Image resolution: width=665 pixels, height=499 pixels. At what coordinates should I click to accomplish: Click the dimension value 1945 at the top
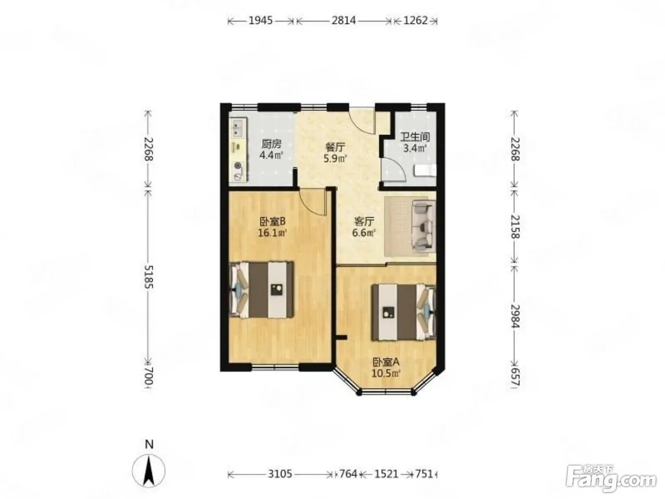tap(261, 20)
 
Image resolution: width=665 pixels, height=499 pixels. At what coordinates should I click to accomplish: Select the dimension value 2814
tap(344, 20)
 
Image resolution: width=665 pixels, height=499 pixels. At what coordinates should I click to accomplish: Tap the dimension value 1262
tap(416, 20)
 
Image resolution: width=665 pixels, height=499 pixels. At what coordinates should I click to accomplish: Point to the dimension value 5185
tap(149, 277)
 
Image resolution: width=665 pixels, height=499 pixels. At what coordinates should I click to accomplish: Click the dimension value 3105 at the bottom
tap(280, 474)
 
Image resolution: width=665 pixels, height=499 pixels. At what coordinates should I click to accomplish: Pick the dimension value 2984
tap(515, 316)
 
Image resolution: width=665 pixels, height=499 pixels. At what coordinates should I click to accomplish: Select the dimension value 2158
tap(515, 227)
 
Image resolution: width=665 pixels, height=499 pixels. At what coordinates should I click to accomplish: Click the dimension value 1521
tap(386, 474)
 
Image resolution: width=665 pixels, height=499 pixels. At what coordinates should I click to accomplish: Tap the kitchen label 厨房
tap(271, 144)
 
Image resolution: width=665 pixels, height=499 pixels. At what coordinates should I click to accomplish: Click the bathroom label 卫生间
tap(415, 137)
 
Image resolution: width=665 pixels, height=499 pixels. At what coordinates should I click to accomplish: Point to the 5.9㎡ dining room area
tap(335, 158)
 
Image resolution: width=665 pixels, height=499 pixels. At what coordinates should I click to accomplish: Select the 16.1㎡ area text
tap(272, 233)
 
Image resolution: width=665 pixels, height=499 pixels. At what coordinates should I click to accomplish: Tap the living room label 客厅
tap(364, 222)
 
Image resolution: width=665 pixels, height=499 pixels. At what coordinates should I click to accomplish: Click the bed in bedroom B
tap(262, 290)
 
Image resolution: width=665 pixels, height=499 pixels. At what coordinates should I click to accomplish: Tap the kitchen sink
tap(239, 128)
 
